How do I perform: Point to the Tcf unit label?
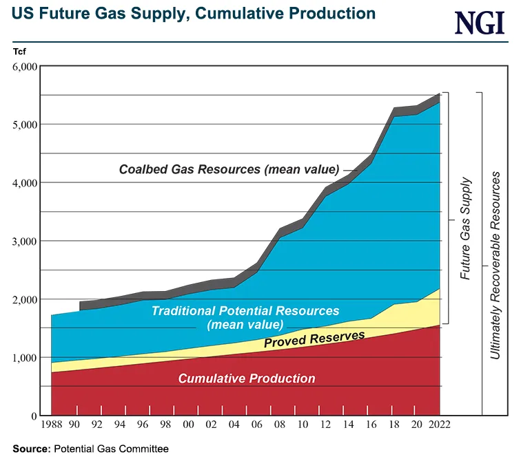(19, 50)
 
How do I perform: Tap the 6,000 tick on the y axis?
(23, 67)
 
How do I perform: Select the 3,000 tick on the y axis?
(23, 242)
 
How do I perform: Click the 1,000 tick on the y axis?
(23, 358)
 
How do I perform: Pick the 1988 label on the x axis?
(52, 425)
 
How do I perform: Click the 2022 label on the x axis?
(438, 425)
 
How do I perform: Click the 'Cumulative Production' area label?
(247, 378)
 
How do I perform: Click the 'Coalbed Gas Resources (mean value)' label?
(229, 169)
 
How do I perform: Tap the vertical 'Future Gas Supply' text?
(466, 228)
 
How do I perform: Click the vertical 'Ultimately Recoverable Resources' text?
(496, 266)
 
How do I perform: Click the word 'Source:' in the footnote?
(30, 449)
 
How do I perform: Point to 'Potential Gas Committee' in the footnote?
(110, 449)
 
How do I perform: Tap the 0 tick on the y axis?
(32, 416)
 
